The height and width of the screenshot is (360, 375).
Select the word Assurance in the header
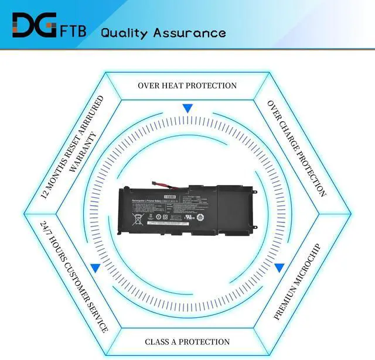(x=189, y=32)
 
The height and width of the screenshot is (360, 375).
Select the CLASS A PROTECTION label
(x=187, y=342)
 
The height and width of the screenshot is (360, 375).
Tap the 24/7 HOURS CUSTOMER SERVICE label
(x=74, y=276)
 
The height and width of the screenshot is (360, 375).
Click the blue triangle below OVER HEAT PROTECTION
(x=187, y=108)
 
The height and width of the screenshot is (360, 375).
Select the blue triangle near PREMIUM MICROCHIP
(x=279, y=268)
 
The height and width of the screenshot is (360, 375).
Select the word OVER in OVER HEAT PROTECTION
(x=149, y=85)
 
